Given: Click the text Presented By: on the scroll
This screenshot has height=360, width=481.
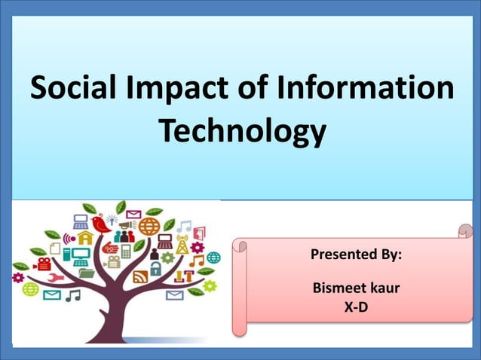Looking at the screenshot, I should [356, 255].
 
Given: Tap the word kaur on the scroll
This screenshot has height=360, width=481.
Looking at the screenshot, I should [384, 288].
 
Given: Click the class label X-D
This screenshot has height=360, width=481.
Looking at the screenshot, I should [356, 307].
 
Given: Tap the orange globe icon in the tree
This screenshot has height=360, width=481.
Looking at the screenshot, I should [148, 226].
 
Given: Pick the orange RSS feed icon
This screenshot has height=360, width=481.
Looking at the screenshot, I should [140, 276].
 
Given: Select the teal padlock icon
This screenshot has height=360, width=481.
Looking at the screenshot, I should [155, 268].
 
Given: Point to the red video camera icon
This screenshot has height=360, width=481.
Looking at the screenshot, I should [43, 264].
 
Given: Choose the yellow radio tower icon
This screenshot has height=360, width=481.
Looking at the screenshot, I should [181, 246].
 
